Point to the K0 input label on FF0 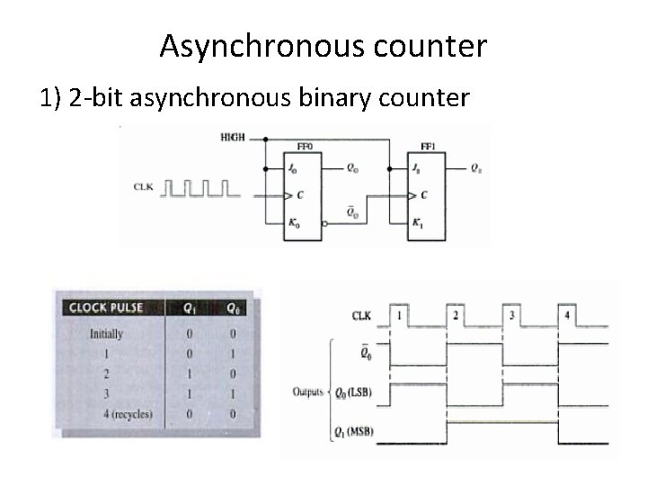[x=294, y=222]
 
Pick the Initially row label [x=106, y=333]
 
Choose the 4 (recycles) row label [x=121, y=415]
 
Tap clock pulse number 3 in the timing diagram [x=511, y=315]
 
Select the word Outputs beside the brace [x=308, y=391]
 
